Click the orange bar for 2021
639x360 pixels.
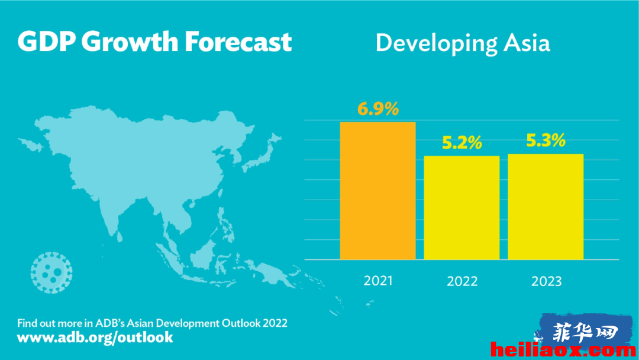click(x=377, y=191)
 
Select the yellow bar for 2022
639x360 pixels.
click(x=461, y=207)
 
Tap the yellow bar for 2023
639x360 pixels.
click(x=546, y=206)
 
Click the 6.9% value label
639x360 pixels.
click(x=378, y=109)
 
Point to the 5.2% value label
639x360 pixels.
click(x=462, y=143)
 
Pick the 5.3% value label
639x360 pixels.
click(x=546, y=140)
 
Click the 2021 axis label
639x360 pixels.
click(x=378, y=281)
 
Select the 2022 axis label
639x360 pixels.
click(x=462, y=281)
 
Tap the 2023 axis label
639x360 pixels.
click(x=547, y=281)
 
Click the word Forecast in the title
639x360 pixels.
click(x=238, y=41)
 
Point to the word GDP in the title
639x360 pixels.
click(x=47, y=41)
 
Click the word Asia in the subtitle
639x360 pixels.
click(x=527, y=43)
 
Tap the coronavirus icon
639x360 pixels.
click(x=51, y=272)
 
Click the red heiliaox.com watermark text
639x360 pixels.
click(x=564, y=350)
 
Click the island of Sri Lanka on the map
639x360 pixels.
click(x=118, y=236)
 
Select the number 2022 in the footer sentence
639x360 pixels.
click(x=275, y=323)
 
